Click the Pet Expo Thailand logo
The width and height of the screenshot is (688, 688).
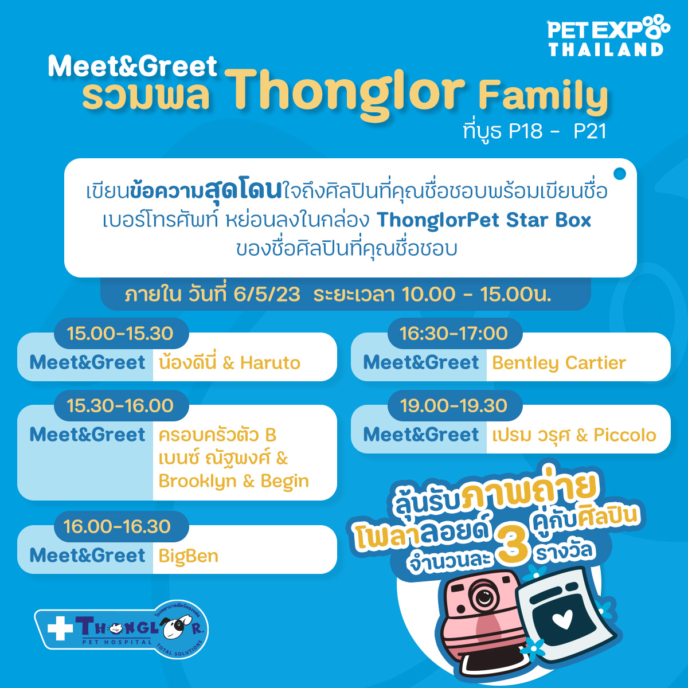tap(609, 36)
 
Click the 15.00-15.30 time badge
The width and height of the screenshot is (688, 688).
tap(121, 333)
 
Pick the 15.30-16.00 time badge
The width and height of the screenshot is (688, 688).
tap(121, 405)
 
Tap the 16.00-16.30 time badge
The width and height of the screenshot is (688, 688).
tap(121, 526)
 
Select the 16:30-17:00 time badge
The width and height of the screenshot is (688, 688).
tap(455, 333)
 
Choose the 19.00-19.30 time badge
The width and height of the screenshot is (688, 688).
tap(455, 405)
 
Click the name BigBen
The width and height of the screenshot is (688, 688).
tap(189, 556)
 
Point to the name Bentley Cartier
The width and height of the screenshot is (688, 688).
tap(559, 363)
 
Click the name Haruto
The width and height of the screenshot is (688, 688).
tap(270, 363)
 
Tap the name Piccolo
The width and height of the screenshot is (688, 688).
tap(625, 435)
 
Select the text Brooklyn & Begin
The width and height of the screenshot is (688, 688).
tap(233, 481)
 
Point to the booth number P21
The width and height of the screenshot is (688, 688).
tap(590, 131)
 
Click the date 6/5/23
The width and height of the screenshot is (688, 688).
tap(267, 295)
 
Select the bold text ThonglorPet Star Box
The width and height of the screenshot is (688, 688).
tap(484, 220)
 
